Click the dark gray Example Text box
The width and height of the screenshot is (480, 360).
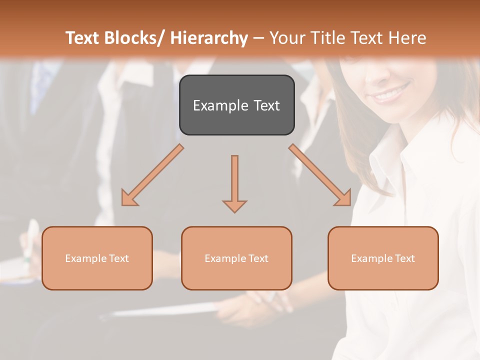pos(236,105)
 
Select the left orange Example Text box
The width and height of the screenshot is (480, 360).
pos(97,258)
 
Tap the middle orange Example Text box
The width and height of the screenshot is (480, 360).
pos(236,258)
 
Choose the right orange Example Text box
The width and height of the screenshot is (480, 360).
pos(383,258)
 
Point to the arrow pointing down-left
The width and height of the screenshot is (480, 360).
pos(152,175)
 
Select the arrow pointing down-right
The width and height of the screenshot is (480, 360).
pos(320,175)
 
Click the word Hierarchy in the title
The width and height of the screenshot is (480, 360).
pos(208,38)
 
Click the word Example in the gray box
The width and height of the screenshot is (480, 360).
pos(216,105)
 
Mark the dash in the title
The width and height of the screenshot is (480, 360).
pos(258,38)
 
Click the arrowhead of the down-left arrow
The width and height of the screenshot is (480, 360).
pos(128,198)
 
